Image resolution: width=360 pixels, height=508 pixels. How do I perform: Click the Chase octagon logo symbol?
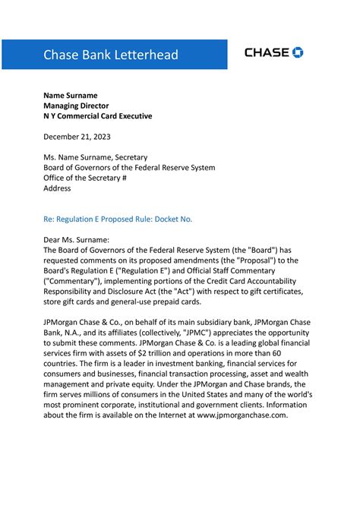tap(298, 52)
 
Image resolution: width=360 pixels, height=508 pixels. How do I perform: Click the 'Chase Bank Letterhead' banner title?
tap(111, 55)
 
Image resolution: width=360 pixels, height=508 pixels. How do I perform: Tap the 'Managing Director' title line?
tap(76, 106)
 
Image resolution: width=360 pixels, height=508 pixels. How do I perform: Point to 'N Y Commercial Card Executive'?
tap(98, 116)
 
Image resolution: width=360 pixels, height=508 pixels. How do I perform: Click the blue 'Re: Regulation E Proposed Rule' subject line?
tap(118, 219)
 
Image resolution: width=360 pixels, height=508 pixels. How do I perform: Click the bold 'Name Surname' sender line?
tap(70, 95)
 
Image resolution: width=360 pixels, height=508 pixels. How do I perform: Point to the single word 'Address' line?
tap(57, 188)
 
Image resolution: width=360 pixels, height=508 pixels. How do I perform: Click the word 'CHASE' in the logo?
tap(267, 52)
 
